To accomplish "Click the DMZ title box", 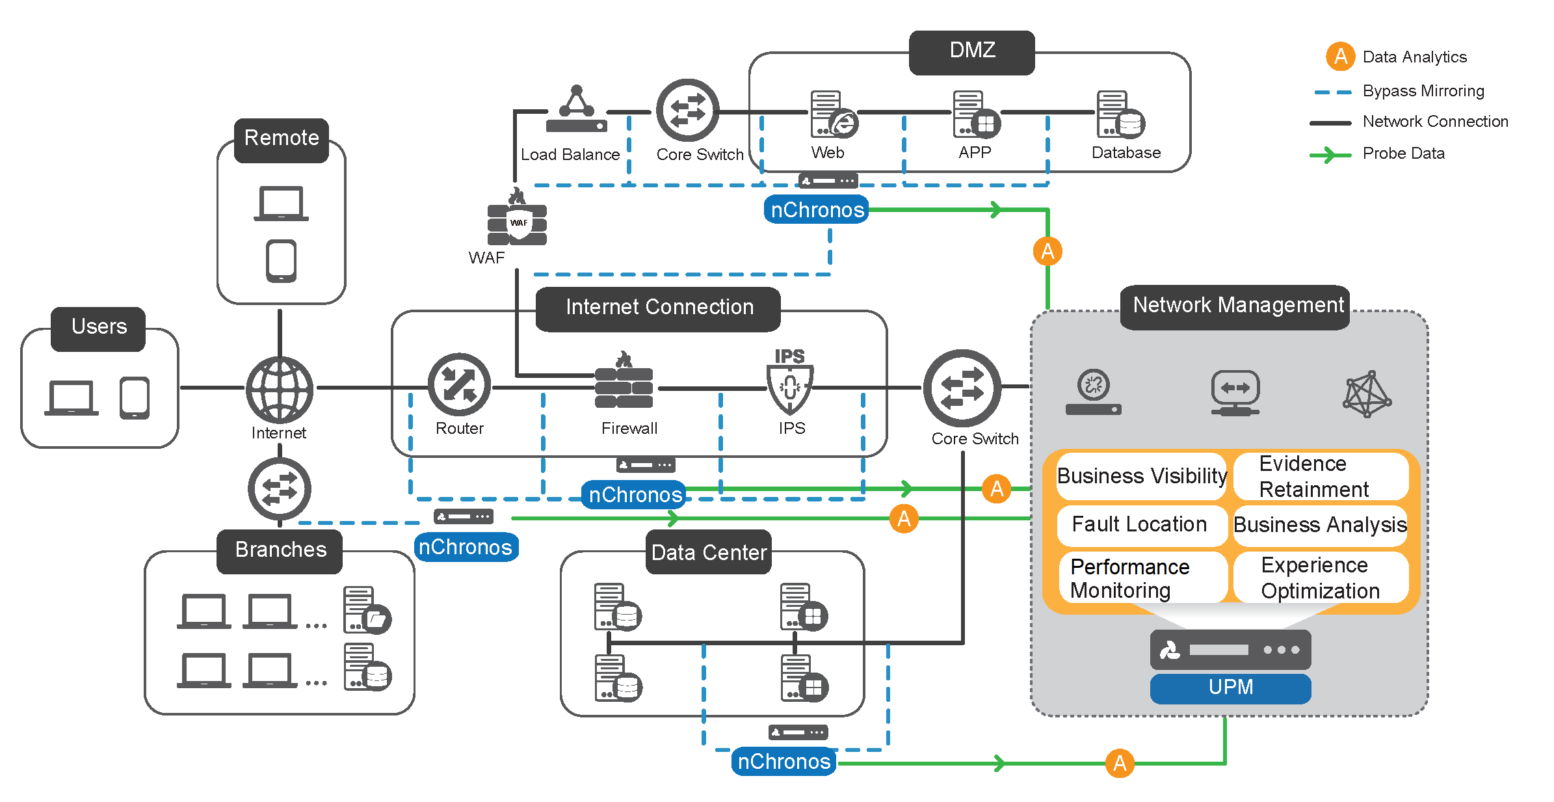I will pyautogui.click(x=971, y=51).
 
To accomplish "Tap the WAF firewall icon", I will pyautogui.click(x=517, y=221).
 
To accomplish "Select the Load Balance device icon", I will pyautogui.click(x=576, y=112).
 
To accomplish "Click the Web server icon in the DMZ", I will pyautogui.click(x=832, y=115).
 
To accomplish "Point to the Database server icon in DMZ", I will pyautogui.click(x=1119, y=115).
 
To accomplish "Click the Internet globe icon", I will pyautogui.click(x=280, y=389).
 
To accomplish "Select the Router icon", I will pyautogui.click(x=459, y=385).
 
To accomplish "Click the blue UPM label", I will pyautogui.click(x=1230, y=688).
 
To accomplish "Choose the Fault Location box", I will pyautogui.click(x=1140, y=524).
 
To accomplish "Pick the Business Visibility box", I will pyautogui.click(x=1141, y=476).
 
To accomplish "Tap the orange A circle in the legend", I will pyautogui.click(x=1340, y=57).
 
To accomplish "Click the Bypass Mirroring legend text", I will pyautogui.click(x=1423, y=91).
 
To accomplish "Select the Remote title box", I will pyautogui.click(x=282, y=139).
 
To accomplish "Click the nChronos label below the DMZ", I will pyautogui.click(x=817, y=210).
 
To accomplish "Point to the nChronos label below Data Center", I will pyautogui.click(x=784, y=761).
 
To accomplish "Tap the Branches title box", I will pyautogui.click(x=280, y=550).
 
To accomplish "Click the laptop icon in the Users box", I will pyautogui.click(x=72, y=397).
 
